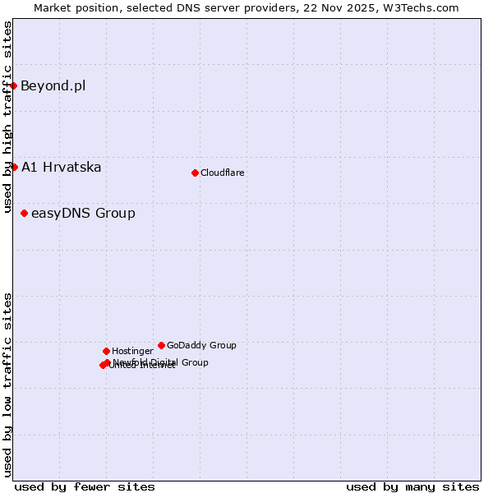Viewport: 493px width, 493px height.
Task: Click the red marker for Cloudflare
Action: click(x=195, y=173)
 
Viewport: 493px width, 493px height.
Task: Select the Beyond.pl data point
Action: click(x=13, y=85)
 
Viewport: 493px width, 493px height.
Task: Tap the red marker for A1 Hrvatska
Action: click(x=14, y=167)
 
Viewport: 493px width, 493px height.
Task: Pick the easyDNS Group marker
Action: click(x=24, y=213)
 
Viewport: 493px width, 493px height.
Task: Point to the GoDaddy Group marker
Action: click(x=161, y=345)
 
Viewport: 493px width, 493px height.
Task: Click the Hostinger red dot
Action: click(x=106, y=351)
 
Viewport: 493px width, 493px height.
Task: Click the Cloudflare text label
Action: click(x=223, y=173)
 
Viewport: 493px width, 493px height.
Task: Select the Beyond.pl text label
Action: click(x=53, y=85)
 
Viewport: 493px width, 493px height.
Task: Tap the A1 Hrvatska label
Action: click(x=62, y=167)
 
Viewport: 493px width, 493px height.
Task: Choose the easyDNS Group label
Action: click(x=83, y=213)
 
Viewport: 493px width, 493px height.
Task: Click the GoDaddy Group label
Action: click(x=201, y=345)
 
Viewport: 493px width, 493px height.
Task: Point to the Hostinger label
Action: click(x=132, y=351)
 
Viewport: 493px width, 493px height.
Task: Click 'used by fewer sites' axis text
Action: click(x=85, y=486)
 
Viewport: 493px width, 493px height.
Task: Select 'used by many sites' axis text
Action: click(x=412, y=486)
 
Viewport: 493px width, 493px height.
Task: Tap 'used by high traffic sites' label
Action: click(x=8, y=117)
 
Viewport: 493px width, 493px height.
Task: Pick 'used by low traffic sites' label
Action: click(x=8, y=385)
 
